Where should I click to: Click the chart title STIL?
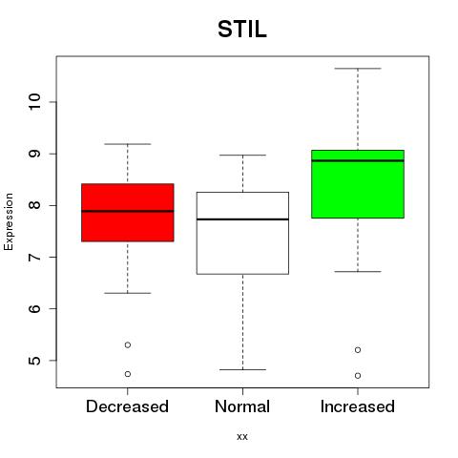pos(242,30)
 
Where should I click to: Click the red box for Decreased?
pos(128,213)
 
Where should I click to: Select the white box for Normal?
pos(242,233)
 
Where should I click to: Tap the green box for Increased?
pos(358,184)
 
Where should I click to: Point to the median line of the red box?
pos(128,211)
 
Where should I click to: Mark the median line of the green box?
pos(358,160)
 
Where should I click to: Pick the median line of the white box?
pos(242,219)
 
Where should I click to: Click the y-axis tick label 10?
pos(34,102)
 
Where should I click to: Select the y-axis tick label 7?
pos(34,257)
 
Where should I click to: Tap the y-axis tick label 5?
pos(34,361)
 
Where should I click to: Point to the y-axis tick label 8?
pos(34,205)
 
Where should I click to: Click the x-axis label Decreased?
pos(127,406)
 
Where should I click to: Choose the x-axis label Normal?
pos(242,406)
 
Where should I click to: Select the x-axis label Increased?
pos(358,406)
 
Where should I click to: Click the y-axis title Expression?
pos(9,221)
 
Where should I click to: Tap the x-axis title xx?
pos(242,437)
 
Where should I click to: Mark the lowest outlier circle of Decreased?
pos(128,374)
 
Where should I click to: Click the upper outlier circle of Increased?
pos(358,350)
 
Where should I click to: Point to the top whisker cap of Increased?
pos(358,69)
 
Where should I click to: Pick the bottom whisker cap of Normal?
pos(242,369)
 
